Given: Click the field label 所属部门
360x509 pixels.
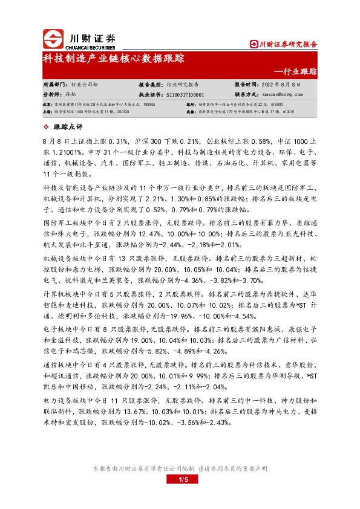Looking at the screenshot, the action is (56, 85).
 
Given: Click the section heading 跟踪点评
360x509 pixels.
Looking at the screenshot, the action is (68, 126).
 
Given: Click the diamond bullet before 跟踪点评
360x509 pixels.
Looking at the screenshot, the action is (48, 126).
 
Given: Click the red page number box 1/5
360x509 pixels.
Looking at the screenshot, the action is (180, 479).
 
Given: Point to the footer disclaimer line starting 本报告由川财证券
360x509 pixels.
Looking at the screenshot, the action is (180, 468).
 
